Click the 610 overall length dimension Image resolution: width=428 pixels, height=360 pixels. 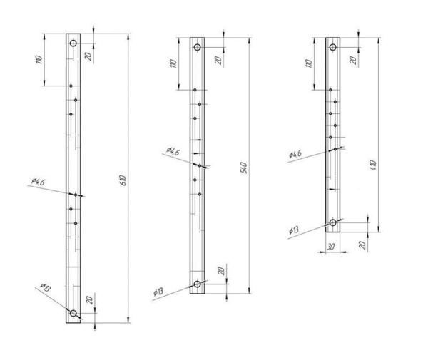point(123,180)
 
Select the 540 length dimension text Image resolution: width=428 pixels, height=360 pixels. point(244,168)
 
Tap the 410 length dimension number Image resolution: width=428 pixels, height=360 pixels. point(373,165)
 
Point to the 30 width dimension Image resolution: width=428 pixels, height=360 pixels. point(330,247)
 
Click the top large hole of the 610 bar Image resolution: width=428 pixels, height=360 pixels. point(73,43)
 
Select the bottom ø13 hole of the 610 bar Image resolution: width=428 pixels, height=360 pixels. point(73,314)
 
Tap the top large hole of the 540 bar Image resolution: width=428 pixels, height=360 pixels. point(197,47)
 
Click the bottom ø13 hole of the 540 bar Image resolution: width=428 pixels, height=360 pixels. point(197,284)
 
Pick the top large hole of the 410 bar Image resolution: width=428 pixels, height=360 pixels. point(332,47)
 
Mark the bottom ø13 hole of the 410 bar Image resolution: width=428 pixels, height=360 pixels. point(332,222)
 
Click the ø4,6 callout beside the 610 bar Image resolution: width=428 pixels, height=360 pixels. point(38,181)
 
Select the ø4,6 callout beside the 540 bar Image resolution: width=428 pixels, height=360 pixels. point(173,151)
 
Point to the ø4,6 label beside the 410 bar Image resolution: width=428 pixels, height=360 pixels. point(295,155)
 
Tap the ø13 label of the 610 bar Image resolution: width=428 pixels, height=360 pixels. point(46,287)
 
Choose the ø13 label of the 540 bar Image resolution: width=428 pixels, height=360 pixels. point(158,292)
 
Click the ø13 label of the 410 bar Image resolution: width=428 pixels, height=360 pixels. point(294,230)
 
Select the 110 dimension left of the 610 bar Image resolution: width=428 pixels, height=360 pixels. point(39,59)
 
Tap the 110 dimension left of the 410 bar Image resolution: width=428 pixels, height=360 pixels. point(309,63)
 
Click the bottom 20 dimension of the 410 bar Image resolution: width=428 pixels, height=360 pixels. point(362,245)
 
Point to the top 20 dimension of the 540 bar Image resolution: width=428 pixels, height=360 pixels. point(218,60)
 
